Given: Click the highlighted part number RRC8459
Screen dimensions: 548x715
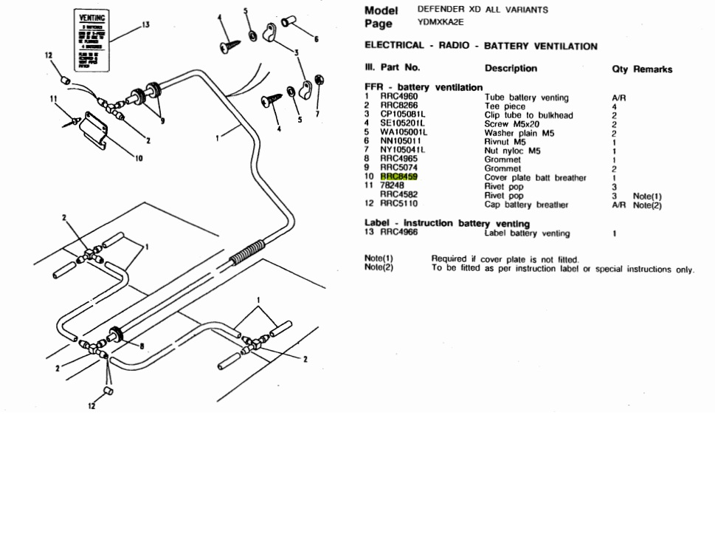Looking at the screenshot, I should pyautogui.click(x=398, y=177).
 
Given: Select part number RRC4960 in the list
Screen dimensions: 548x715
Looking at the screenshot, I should pyautogui.click(x=398, y=97).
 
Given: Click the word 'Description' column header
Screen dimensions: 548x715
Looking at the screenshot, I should pyautogui.click(x=511, y=69).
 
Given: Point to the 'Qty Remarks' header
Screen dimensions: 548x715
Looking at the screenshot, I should pyautogui.click(x=642, y=69).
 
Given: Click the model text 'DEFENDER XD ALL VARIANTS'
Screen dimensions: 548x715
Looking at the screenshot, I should pyautogui.click(x=483, y=10).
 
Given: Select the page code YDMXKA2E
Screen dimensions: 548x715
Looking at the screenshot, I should pyautogui.click(x=441, y=23).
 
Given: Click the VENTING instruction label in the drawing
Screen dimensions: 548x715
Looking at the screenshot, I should pyautogui.click(x=92, y=42).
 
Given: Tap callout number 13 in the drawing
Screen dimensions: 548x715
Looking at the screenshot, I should pyautogui.click(x=145, y=24).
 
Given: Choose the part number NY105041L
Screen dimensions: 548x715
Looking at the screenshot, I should pyautogui.click(x=402, y=151).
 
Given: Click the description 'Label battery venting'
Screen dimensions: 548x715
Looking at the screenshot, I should pyautogui.click(x=527, y=233).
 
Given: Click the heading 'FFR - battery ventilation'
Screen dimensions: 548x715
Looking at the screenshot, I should pyautogui.click(x=424, y=88).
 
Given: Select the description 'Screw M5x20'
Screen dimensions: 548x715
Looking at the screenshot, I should pyautogui.click(x=512, y=124).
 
